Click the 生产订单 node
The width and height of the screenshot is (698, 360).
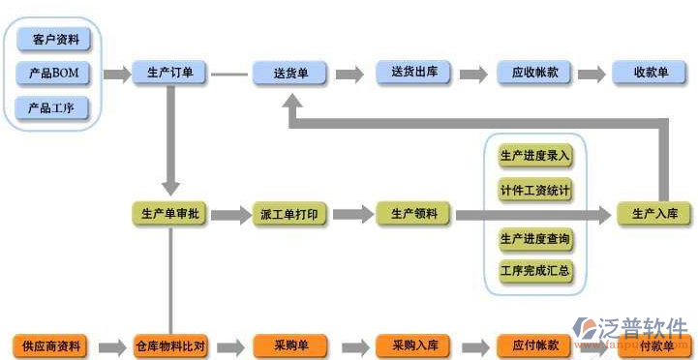tap(169, 74)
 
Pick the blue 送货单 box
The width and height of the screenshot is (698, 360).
tap(290, 74)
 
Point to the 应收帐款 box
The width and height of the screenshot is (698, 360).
tap(534, 74)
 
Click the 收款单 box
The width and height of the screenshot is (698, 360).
tap(651, 74)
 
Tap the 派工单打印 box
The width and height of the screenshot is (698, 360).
tap(290, 215)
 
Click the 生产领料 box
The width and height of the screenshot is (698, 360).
tap(413, 214)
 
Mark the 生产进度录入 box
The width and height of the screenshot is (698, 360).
tap(534, 156)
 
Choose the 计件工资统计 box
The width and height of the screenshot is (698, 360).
tap(534, 189)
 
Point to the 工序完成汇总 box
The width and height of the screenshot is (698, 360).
tap(534, 271)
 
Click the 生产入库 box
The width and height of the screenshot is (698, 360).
tap(655, 214)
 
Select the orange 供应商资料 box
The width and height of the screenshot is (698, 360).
tap(50, 345)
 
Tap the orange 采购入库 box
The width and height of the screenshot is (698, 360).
tap(413, 345)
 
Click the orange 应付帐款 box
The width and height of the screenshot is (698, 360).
tap(534, 345)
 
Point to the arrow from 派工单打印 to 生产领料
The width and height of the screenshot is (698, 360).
tap(352, 215)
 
